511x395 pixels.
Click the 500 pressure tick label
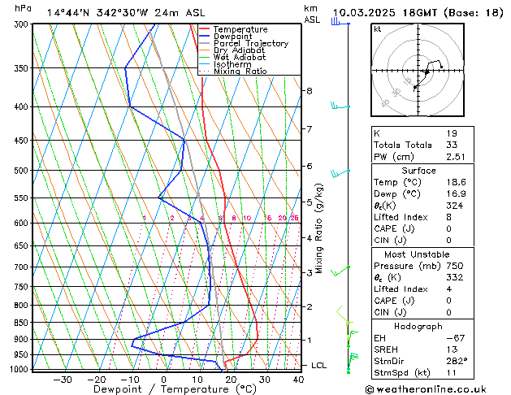(x=22, y=171)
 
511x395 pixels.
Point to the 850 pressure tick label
(x=22, y=323)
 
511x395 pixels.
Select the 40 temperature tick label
(x=299, y=379)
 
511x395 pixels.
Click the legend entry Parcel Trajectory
(x=250, y=43)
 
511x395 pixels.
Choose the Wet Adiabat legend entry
(x=239, y=57)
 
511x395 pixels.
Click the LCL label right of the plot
(x=319, y=366)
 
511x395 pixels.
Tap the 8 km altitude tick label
(x=310, y=90)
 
